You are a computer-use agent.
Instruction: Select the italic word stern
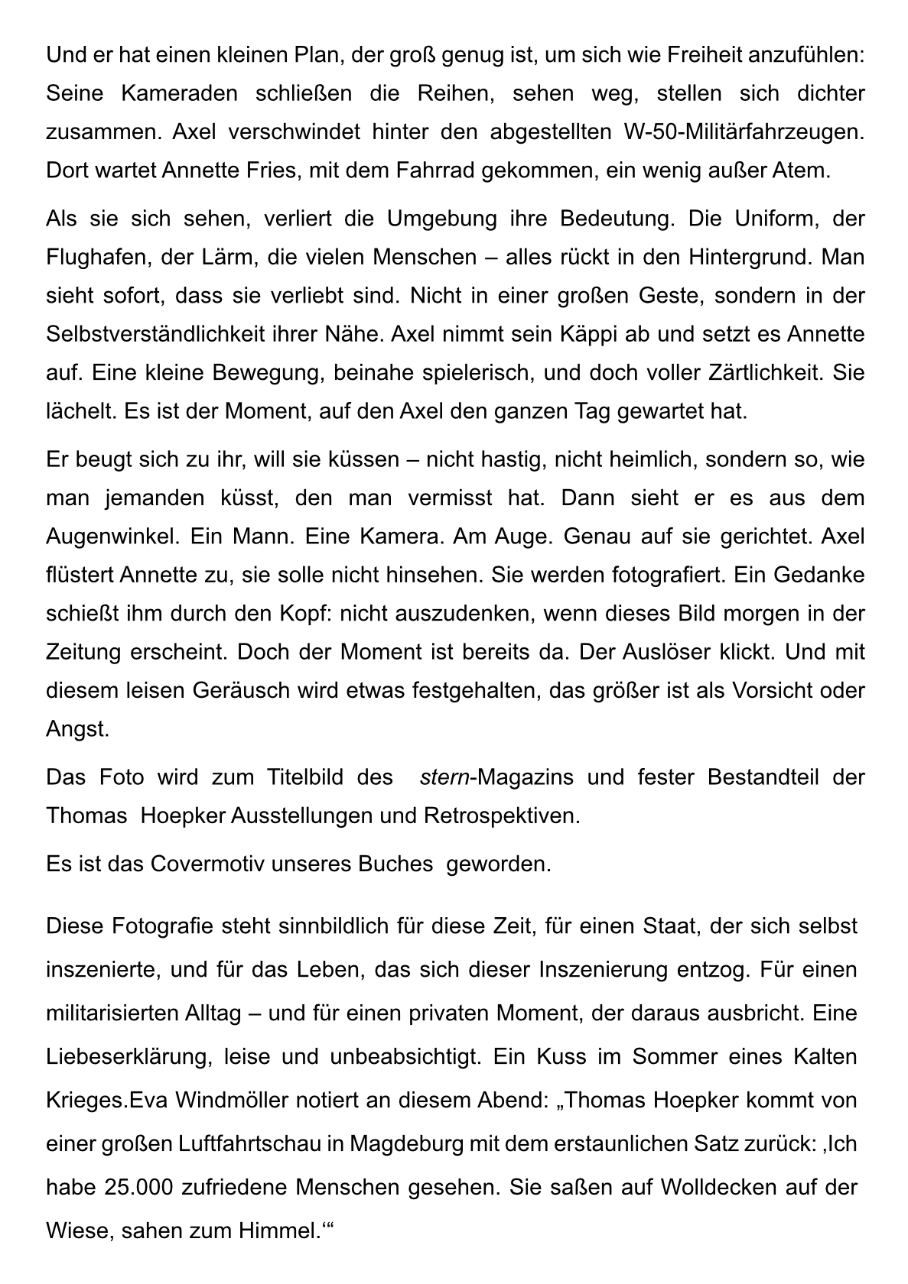point(444,778)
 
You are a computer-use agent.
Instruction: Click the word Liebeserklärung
point(128,1058)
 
